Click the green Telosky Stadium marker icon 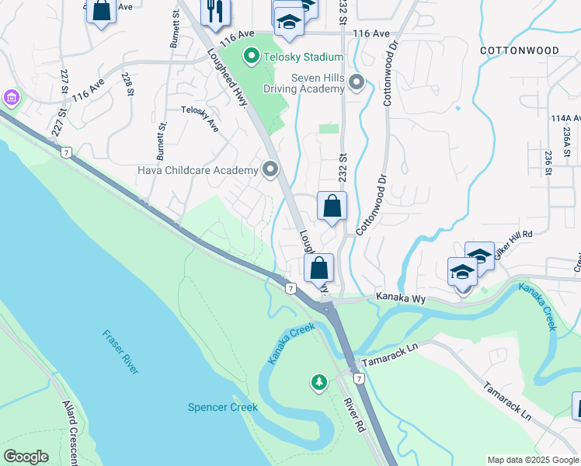pos(251,56)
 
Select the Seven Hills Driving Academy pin pos(357,82)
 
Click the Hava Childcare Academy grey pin pos(270,169)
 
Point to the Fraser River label pos(120,352)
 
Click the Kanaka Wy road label pos(402,297)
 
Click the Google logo pos(26,457)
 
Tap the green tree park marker pos(318,382)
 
